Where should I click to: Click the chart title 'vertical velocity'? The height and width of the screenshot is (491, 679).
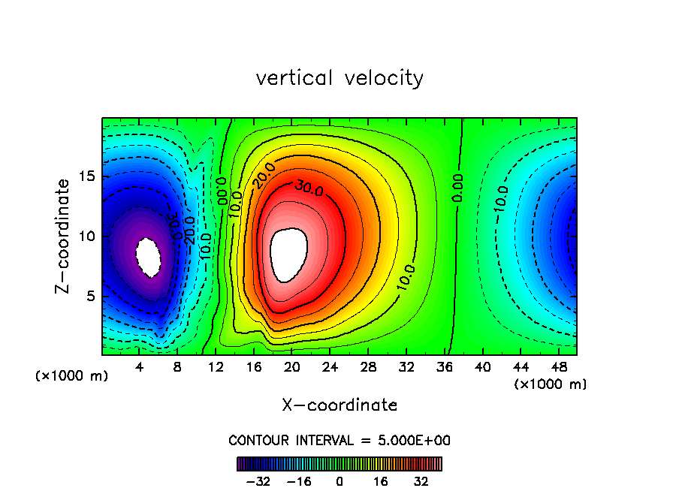click(339, 78)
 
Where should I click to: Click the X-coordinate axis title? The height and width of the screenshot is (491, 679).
click(339, 405)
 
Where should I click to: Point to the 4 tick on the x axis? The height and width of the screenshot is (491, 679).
click(139, 367)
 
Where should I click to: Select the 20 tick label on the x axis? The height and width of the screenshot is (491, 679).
click(291, 367)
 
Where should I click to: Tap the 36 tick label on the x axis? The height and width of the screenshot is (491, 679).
click(444, 367)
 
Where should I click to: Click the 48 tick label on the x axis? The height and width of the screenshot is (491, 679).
click(558, 367)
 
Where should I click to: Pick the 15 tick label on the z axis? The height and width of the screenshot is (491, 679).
click(87, 176)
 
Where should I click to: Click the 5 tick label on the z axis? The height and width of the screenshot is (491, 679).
click(91, 296)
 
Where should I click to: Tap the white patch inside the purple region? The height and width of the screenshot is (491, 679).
click(148, 257)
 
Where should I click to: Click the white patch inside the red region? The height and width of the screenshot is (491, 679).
click(289, 252)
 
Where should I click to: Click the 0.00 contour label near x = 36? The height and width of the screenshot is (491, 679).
click(457, 187)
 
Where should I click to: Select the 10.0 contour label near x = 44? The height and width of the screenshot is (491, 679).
click(501, 197)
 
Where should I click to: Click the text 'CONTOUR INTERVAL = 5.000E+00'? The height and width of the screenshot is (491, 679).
click(339, 440)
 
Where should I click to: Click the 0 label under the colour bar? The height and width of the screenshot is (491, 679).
click(339, 481)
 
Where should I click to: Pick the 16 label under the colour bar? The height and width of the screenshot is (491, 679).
click(381, 481)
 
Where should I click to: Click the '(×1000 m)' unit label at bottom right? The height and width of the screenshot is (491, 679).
click(551, 384)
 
